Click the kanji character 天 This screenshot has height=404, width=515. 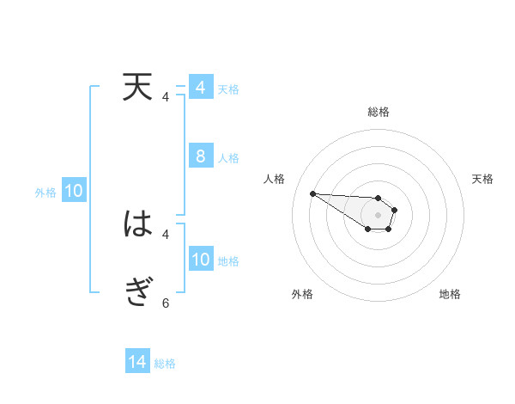coord(137,87)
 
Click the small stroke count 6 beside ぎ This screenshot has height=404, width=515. coord(166,303)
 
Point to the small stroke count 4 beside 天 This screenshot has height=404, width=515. coord(166,97)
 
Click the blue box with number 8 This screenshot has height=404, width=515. coord(201,156)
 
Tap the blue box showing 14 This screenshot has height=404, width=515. coord(137,363)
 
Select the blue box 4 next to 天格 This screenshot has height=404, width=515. coord(201,88)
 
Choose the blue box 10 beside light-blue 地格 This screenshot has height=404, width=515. coord(201,260)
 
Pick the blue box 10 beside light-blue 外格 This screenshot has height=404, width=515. coord(74,192)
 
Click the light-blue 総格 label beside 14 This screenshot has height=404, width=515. coord(165,364)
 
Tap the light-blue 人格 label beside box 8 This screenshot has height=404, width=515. coord(228,158)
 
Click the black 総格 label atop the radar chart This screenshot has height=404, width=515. coord(379,112)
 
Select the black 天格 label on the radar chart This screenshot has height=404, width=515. coord(483,179)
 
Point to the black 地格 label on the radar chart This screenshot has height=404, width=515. coord(450,294)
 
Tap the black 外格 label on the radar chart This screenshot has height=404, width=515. coord(302,294)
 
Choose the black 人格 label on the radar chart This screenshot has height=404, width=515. coord(274,179)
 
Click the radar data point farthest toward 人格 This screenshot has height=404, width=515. coord(312,193)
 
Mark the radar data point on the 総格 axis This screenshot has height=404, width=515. coord(379,198)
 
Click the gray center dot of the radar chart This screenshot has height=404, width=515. coord(379,215)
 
